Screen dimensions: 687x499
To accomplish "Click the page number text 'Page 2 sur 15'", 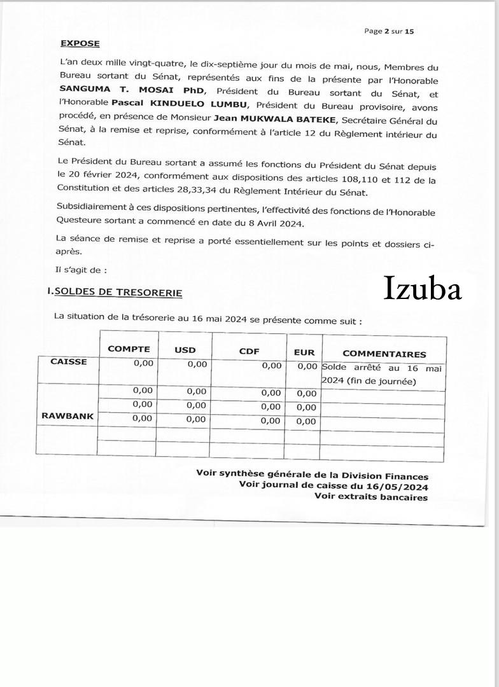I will (x=389, y=31).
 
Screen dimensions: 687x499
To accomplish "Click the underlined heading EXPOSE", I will (x=80, y=43).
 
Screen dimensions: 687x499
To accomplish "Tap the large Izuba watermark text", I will (x=423, y=289).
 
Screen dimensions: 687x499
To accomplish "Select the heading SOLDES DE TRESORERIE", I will (x=118, y=293).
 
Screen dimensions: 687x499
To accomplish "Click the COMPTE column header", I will (x=129, y=349).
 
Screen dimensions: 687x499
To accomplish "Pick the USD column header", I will (x=185, y=350).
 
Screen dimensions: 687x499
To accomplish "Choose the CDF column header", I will (x=249, y=350).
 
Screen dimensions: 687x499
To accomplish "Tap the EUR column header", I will (x=304, y=352).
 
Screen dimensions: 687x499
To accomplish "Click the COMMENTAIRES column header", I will (x=384, y=354).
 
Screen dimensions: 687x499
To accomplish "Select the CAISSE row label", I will (x=69, y=361).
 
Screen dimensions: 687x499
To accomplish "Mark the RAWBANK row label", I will (x=67, y=416).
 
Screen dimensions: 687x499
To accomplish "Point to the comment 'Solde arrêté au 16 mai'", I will (x=383, y=368).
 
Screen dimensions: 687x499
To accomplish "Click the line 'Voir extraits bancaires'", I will (x=371, y=497).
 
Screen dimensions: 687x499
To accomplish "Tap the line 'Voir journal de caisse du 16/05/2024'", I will (x=334, y=486).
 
